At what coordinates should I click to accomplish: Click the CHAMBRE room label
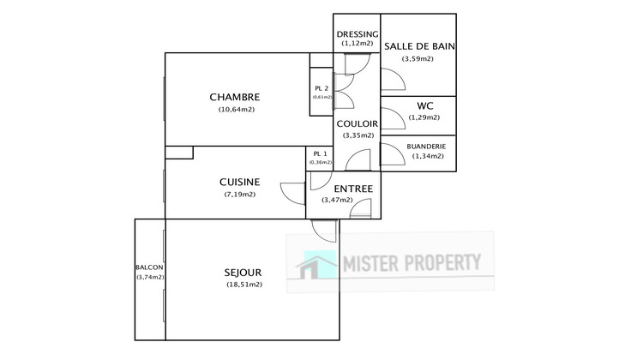[235, 97]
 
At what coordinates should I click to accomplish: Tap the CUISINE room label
[239, 182]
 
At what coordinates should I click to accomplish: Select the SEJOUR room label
[244, 273]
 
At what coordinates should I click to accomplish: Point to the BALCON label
[149, 267]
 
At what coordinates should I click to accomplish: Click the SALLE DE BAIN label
[418, 46]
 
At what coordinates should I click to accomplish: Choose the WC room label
[424, 105]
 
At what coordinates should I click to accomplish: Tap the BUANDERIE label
[426, 146]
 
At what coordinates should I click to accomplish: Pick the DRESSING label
[357, 33]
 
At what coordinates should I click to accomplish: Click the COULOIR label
[358, 123]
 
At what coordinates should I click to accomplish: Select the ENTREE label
[340, 188]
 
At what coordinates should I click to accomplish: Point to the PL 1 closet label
[320, 153]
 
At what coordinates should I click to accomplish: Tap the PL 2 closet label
[321, 88]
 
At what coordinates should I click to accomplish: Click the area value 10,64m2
[237, 109]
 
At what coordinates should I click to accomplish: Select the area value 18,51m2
[244, 285]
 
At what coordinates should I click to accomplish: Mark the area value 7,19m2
[240, 194]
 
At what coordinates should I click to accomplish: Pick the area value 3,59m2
[418, 58]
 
